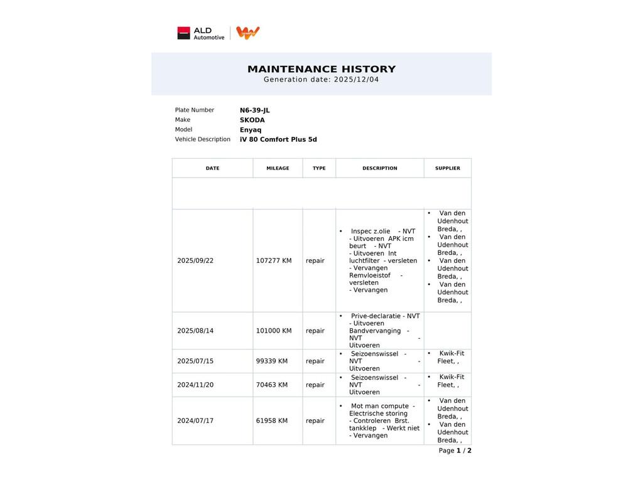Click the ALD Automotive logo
tap(200, 33)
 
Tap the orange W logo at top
tap(248, 33)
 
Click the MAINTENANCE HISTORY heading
tap(321, 69)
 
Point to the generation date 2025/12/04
tap(356, 80)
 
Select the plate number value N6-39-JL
tap(254, 110)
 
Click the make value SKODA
tap(252, 120)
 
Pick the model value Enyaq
tap(251, 130)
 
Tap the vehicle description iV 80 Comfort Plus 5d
tap(278, 139)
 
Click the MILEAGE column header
tap(278, 168)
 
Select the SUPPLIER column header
tap(447, 168)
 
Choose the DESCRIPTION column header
tap(379, 168)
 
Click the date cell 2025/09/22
tap(195, 260)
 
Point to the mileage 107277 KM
tap(274, 260)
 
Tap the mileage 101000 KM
tap(274, 331)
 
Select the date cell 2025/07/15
tap(195, 361)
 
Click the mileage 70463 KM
tap(272, 385)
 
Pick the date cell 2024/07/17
tap(195, 420)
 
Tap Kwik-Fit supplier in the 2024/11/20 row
tap(451, 381)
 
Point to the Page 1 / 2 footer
tap(455, 451)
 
